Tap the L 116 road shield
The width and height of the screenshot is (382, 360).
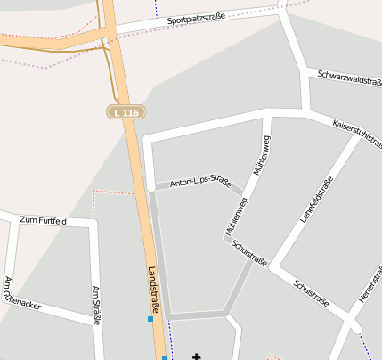click(x=126, y=112)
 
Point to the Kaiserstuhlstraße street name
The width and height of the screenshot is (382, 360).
click(x=356, y=132)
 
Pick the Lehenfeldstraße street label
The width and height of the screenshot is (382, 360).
click(x=316, y=199)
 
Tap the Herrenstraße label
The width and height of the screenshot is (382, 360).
click(x=369, y=285)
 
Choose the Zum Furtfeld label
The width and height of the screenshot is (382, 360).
click(x=43, y=219)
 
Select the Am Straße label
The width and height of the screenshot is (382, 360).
click(x=97, y=306)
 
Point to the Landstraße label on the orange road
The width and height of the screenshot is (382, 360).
click(x=154, y=290)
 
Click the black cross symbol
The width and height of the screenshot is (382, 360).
click(x=196, y=356)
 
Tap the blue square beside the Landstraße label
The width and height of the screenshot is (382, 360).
click(x=150, y=318)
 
